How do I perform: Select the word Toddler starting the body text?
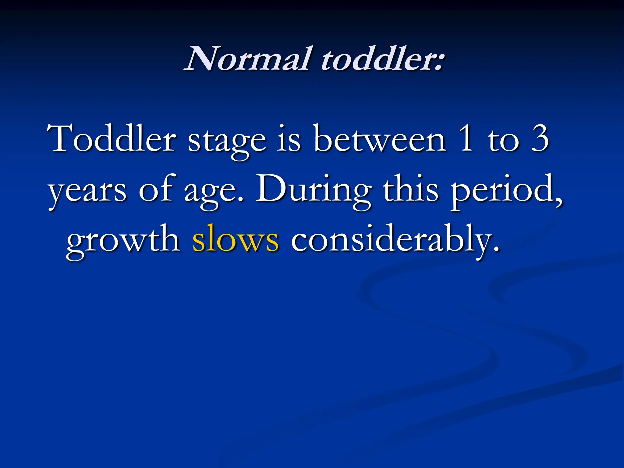112,139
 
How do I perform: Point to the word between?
380,139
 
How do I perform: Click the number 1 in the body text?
466,139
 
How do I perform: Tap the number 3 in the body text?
540,139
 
